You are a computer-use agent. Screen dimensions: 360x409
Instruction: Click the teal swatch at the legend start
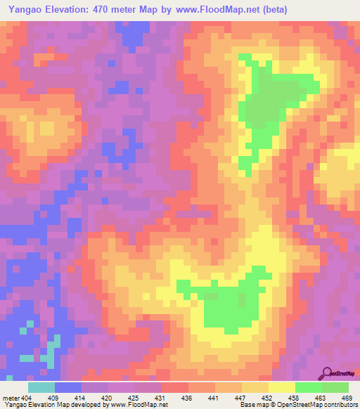(x=41, y=387)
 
